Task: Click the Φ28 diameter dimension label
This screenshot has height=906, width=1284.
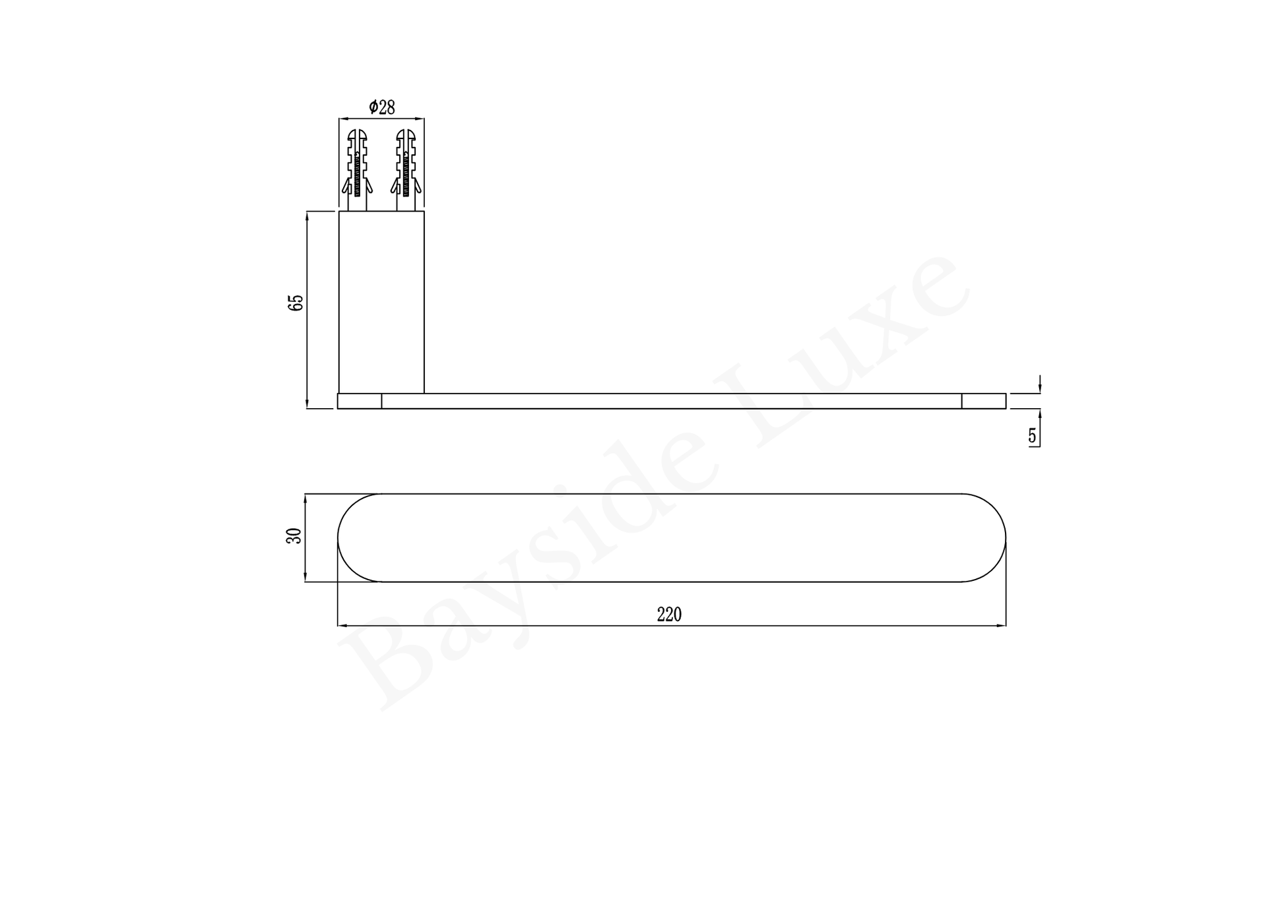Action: (382, 107)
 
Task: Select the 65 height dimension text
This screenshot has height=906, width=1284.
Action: (296, 303)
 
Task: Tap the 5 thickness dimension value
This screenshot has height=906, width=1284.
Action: (1033, 436)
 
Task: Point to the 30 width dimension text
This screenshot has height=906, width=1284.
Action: (294, 535)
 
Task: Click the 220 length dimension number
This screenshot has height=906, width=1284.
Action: (669, 615)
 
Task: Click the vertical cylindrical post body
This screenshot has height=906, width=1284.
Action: (381, 302)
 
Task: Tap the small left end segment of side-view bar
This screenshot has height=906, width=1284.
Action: (360, 401)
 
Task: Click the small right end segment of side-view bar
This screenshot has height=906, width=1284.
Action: (984, 401)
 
